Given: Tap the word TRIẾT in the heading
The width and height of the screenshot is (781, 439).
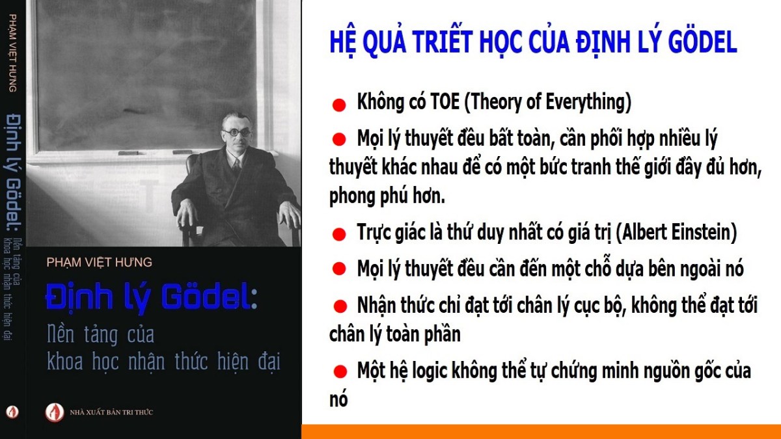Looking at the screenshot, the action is coord(443,41).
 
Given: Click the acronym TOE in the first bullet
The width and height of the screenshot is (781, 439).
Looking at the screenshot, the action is coord(445,101).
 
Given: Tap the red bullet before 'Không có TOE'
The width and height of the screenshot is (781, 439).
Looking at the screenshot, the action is coord(339,105).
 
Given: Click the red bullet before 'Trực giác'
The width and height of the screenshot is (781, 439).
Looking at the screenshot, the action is coord(339,235).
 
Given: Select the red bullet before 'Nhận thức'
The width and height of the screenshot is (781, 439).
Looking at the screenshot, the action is coord(340,306).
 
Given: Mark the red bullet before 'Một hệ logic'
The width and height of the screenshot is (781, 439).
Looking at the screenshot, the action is coord(340,371).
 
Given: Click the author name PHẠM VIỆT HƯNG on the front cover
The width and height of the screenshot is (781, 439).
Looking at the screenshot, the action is coord(99,262).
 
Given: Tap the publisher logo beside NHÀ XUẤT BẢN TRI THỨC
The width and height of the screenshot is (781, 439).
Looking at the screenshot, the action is coord(55,412).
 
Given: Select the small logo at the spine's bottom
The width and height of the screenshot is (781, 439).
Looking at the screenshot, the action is coord(12,412).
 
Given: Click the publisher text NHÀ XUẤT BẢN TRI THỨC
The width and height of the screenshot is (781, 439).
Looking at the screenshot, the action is coord(111,412).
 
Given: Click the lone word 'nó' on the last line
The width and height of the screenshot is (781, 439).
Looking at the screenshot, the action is coord(338,400).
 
